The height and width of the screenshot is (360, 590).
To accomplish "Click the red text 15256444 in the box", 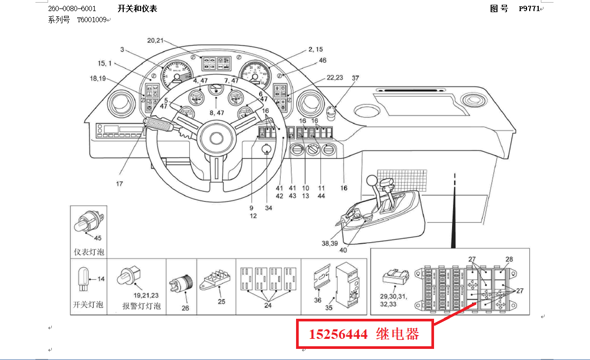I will click(x=338, y=334).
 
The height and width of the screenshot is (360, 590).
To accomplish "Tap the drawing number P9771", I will click(x=529, y=8).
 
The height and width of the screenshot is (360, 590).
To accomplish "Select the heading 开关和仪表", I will click(x=137, y=8).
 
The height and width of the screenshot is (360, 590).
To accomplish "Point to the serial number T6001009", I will click(x=92, y=20).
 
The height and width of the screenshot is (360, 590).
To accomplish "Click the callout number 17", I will click(x=119, y=183).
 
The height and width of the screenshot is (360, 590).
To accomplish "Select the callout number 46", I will click(x=322, y=61).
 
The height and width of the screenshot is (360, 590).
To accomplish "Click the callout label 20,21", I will click(x=155, y=40).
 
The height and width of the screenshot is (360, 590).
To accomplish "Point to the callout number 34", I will click(x=269, y=208).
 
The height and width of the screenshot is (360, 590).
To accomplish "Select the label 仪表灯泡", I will click(x=89, y=252).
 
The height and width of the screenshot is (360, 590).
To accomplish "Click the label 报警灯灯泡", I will click(x=141, y=306).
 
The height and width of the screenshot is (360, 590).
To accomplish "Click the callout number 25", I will click(x=221, y=302).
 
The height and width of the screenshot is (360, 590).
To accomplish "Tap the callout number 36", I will click(x=317, y=300).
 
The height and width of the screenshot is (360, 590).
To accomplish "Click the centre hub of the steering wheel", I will click(x=216, y=139).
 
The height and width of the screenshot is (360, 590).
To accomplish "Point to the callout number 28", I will click(x=509, y=259).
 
